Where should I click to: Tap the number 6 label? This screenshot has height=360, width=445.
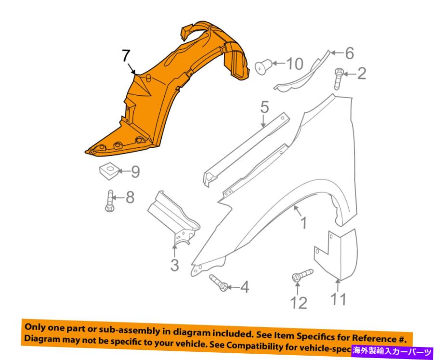pyautogui.click(x=349, y=53)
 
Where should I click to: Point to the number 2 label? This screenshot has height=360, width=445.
pyautogui.click(x=361, y=74)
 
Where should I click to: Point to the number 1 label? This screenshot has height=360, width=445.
pyautogui.click(x=303, y=223)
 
